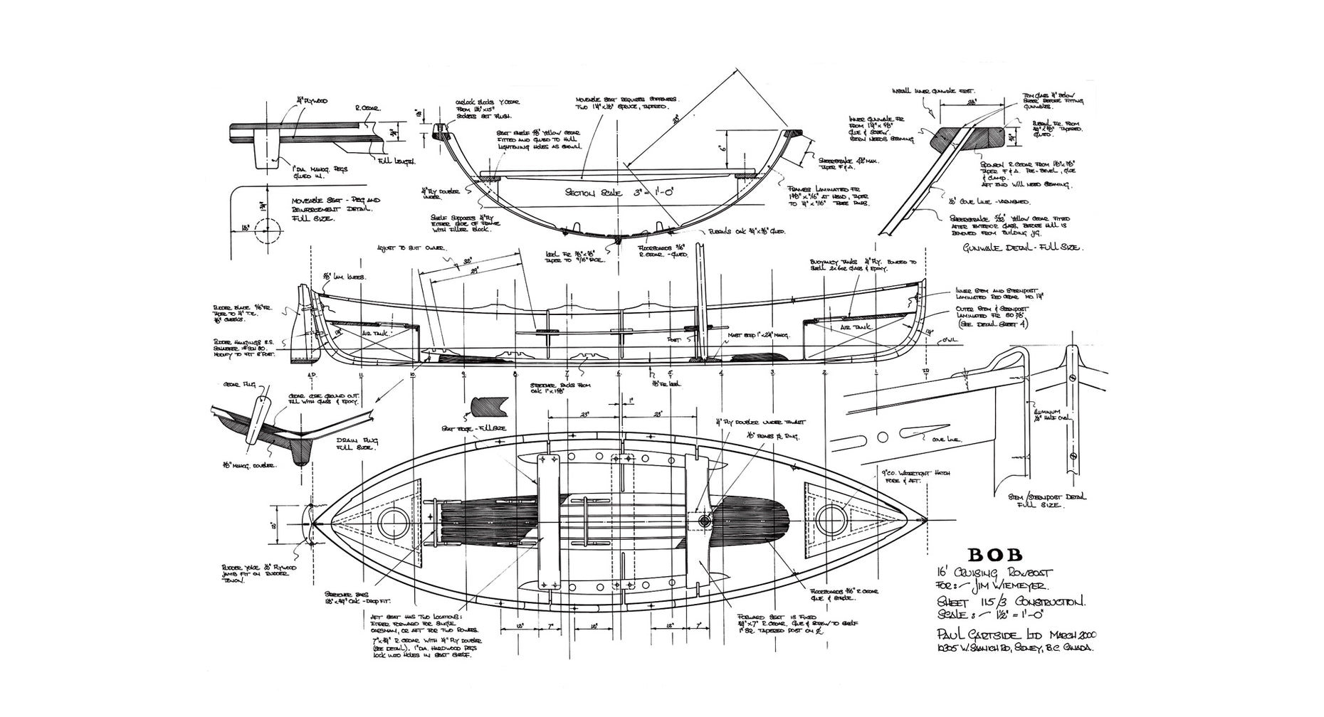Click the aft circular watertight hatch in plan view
(x=391, y=523)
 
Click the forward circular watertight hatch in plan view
(x=831, y=520)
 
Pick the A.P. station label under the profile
(x=311, y=374)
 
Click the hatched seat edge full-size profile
(x=490, y=406)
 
